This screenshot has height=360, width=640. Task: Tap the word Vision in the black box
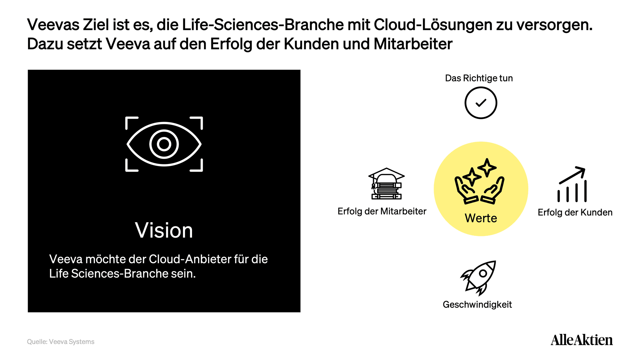pos(164,230)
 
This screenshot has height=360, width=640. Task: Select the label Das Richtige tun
pos(479,78)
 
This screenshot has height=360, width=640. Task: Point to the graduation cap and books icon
pos(386,184)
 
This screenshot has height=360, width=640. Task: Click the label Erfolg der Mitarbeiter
pos(382,211)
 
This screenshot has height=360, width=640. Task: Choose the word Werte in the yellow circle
pos(481,218)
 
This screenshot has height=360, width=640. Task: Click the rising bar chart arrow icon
pos(572,184)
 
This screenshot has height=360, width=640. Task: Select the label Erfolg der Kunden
pos(575,213)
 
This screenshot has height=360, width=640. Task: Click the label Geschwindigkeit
pos(477,305)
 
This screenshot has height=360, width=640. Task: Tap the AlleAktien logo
pos(582,340)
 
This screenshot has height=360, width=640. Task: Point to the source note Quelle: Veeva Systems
pos(61,342)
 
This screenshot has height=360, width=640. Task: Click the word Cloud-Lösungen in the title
pos(433,25)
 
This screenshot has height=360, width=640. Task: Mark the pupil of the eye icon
pos(164,144)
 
